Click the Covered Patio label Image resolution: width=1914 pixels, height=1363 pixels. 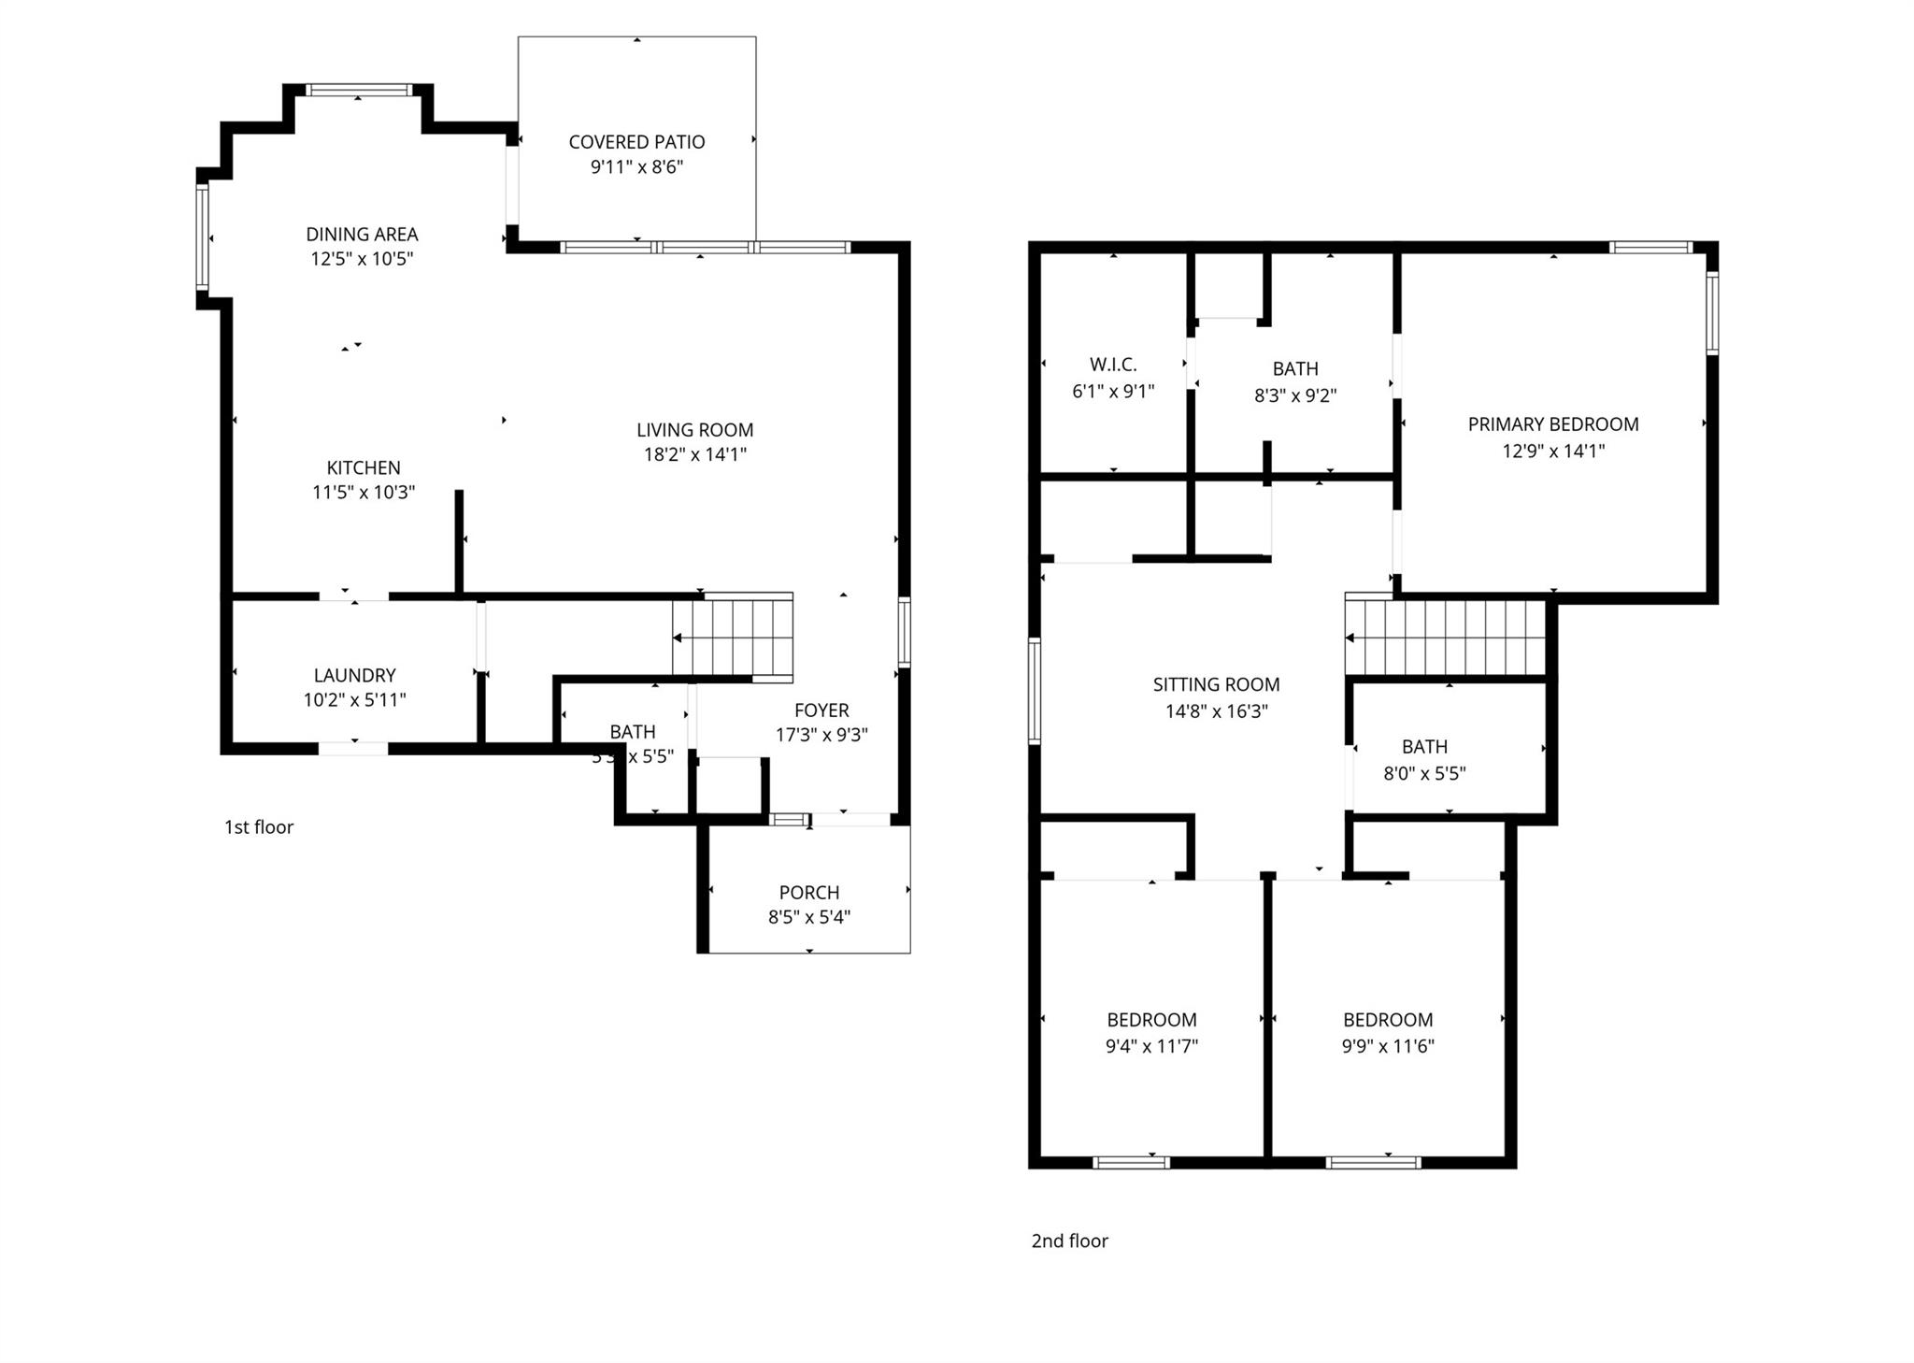636,142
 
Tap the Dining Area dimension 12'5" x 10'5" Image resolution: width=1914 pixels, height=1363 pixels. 362,259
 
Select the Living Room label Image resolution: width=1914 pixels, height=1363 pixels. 694,430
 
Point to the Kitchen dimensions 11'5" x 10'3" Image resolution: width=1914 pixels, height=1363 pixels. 363,493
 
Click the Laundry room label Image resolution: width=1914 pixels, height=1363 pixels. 354,675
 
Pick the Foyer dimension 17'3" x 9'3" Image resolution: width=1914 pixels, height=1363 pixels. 821,735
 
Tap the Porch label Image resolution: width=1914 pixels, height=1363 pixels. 809,893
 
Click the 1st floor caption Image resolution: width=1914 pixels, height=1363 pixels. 259,827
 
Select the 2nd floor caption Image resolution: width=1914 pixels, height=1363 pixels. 1069,1241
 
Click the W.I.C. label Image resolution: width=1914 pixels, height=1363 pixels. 1113,366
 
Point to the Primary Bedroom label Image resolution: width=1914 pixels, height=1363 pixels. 1552,424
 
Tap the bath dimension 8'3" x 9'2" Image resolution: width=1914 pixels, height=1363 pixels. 1294,395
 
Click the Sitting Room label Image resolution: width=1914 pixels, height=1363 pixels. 1216,684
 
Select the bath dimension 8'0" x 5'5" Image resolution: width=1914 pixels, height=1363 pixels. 1424,774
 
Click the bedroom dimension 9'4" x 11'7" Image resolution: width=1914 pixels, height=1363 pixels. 1151,1046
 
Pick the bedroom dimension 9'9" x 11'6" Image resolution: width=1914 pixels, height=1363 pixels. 1388,1046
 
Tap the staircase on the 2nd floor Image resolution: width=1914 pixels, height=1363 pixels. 1445,638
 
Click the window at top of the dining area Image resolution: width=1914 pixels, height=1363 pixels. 359,91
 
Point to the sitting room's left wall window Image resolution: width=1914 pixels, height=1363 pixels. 1035,691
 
